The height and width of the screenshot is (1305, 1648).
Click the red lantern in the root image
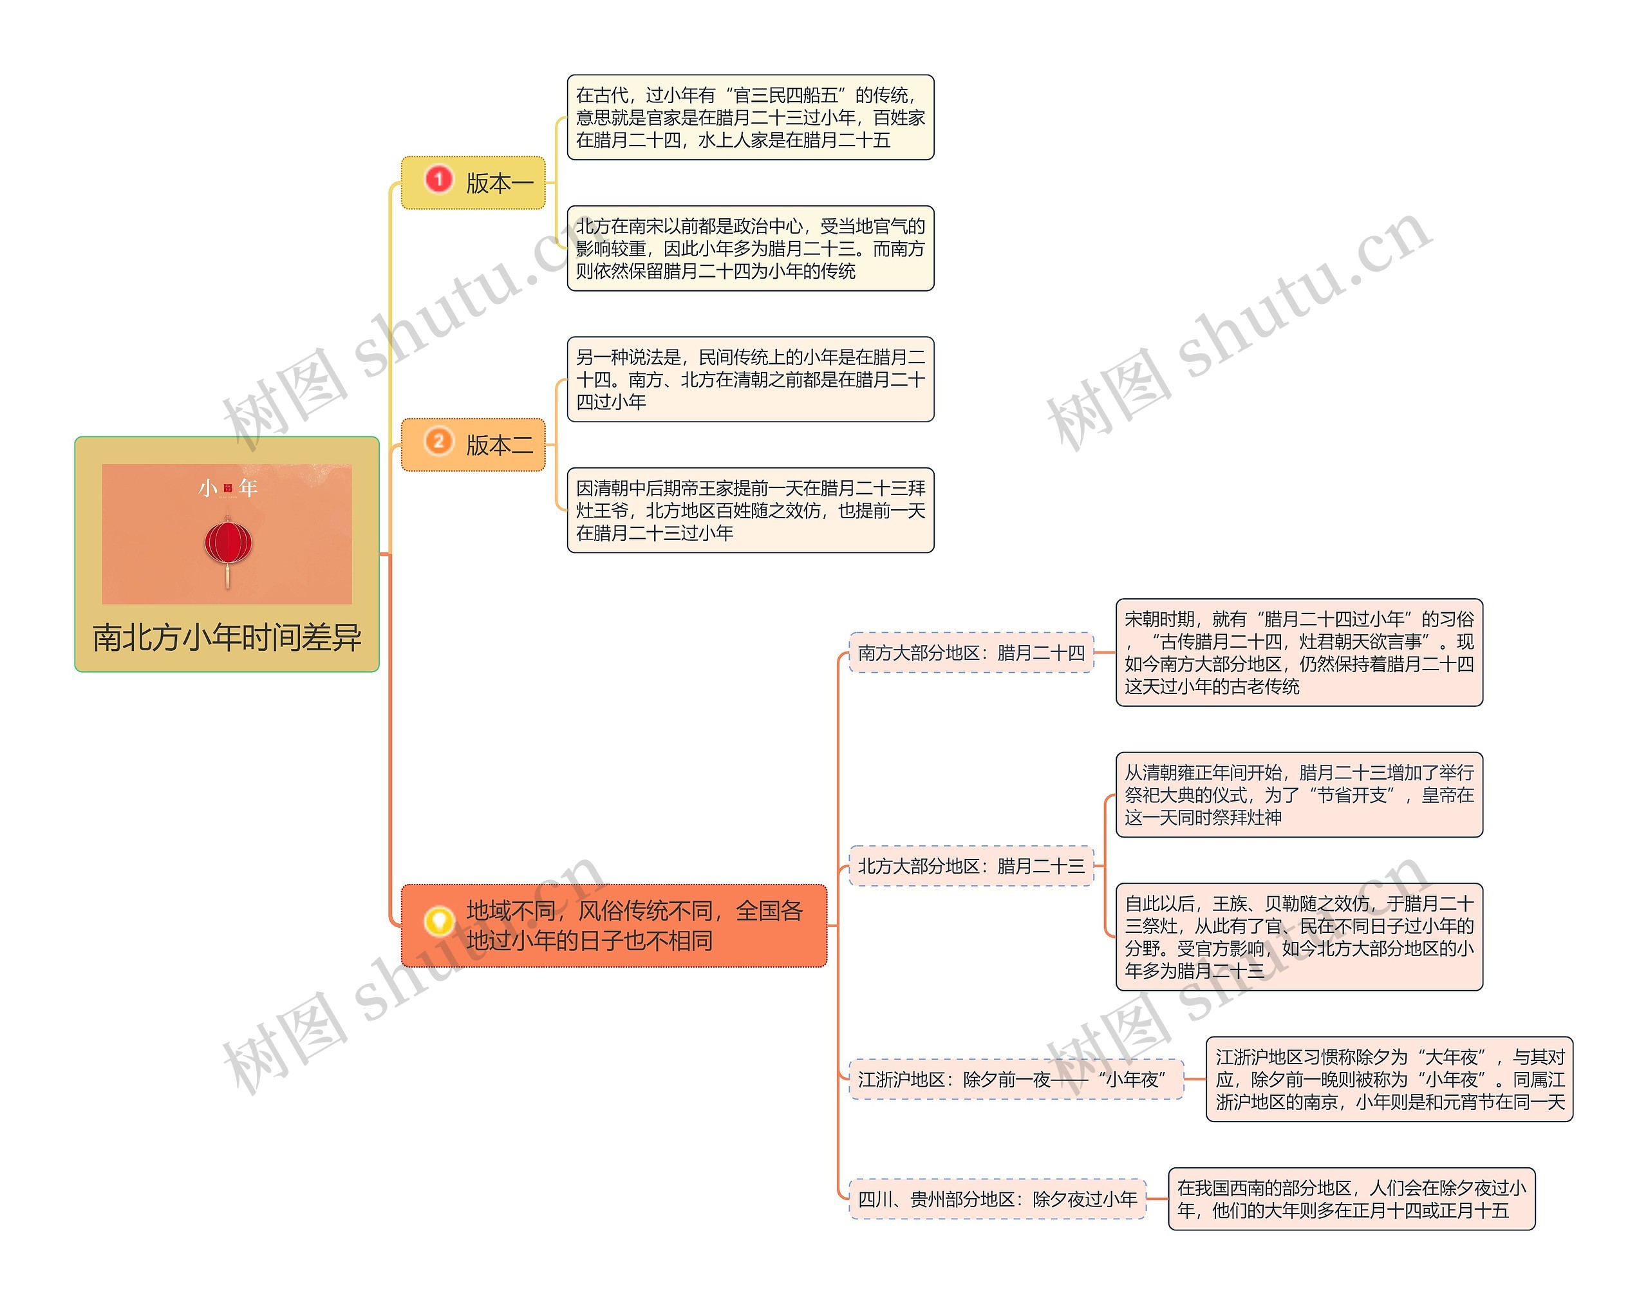228,543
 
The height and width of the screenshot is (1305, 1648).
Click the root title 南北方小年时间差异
227,637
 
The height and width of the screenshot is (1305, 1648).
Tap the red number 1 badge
438,180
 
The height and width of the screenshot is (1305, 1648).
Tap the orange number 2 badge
438,442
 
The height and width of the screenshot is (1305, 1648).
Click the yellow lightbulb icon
439,921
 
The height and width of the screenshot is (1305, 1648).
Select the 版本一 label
500,183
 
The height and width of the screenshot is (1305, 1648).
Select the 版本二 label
500,445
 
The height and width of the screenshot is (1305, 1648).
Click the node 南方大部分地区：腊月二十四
971,653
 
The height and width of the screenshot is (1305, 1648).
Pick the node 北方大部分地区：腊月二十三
971,867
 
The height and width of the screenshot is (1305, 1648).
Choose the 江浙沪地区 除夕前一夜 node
1015,1080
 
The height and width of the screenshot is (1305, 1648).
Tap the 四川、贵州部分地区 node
997,1199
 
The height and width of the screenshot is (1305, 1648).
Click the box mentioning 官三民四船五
750,118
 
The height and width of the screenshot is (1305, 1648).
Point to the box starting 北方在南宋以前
750,249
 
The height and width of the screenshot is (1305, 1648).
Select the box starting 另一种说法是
750,380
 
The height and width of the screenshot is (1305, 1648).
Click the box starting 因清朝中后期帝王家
750,511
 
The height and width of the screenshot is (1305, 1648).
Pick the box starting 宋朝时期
1299,653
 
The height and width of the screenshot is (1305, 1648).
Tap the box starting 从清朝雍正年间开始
1299,794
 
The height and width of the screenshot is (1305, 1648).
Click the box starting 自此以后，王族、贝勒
1299,937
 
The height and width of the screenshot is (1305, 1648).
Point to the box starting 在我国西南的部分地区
1351,1199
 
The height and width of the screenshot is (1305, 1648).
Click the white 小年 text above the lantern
228,487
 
